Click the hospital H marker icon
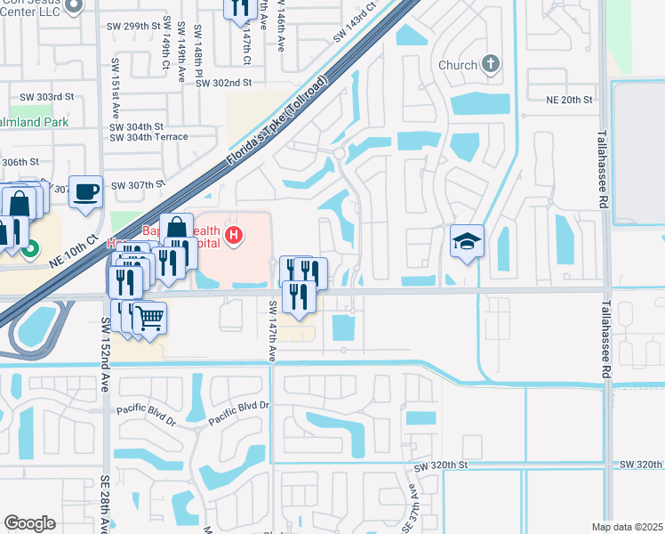pos(234,236)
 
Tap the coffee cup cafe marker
pos(86,191)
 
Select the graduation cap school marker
pos(467,241)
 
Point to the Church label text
pos(458,65)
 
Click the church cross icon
pos(490,64)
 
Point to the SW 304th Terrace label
pos(148,137)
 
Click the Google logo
pos(30,523)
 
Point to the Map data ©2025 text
pos(627,527)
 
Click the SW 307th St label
pos(139,185)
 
